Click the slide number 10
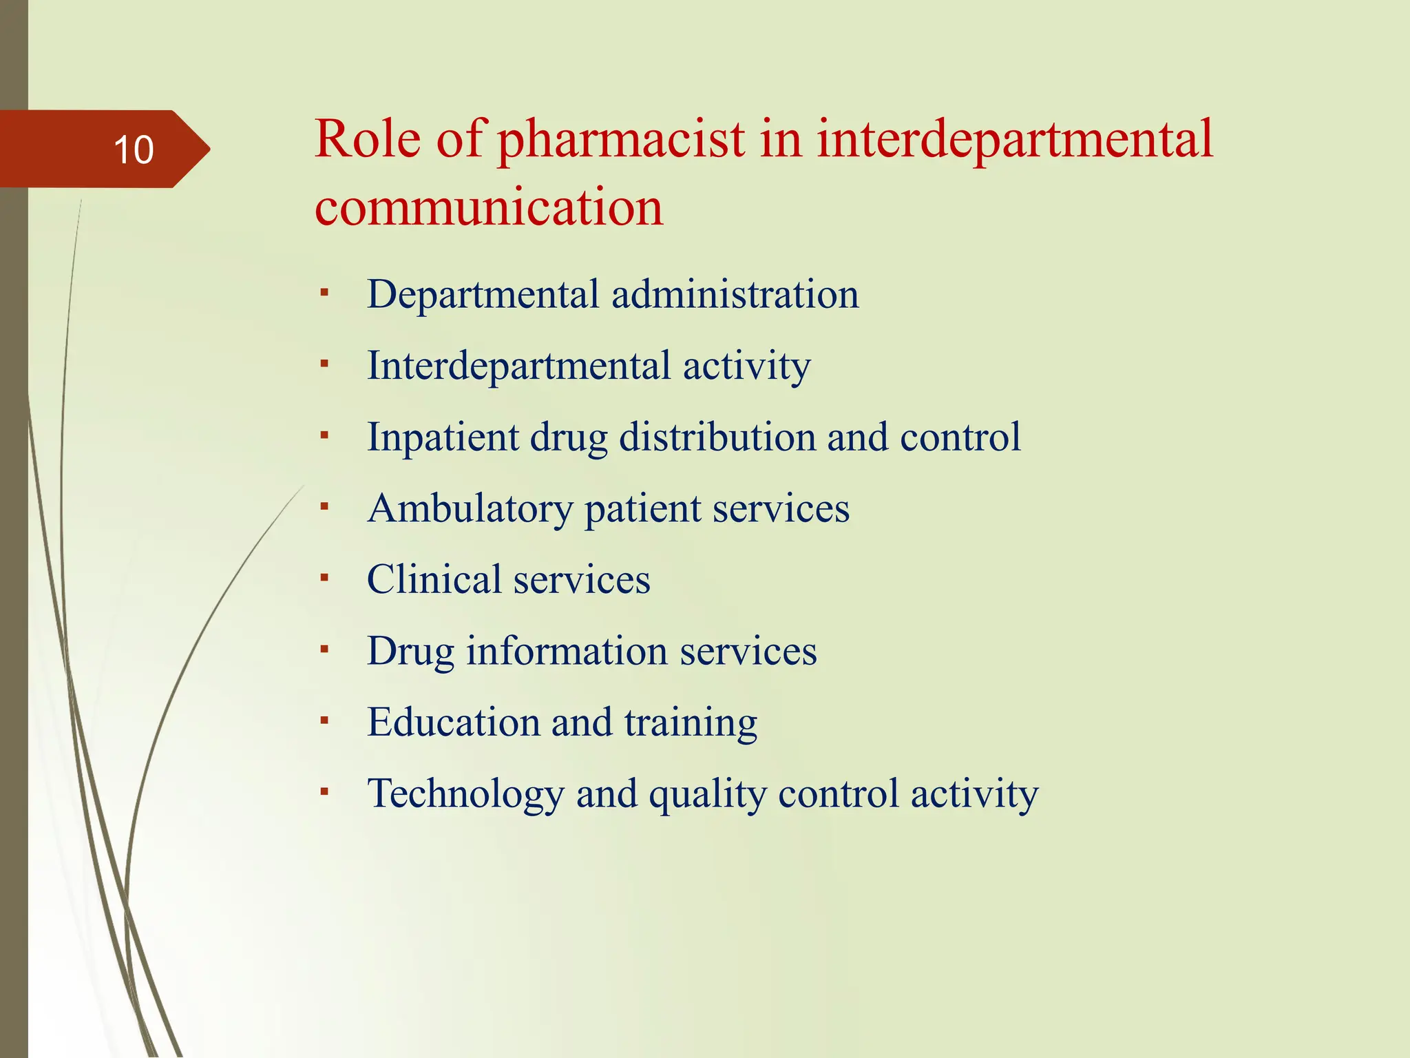tap(134, 149)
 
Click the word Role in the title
tap(368, 139)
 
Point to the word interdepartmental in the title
tap(1015, 140)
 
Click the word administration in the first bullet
tap(735, 294)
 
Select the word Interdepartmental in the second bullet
tap(518, 366)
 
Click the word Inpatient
tap(443, 437)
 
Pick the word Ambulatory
tap(470, 509)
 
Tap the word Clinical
tap(434, 579)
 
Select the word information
tap(567, 651)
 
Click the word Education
tap(453, 722)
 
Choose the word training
tap(691, 723)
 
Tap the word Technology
tap(465, 794)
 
